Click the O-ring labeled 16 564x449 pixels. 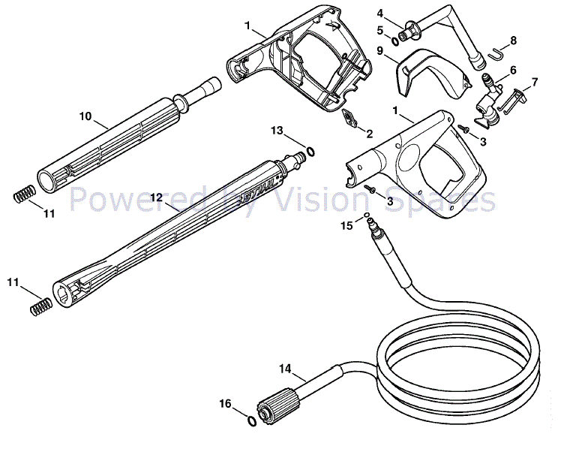pyautogui.click(x=252, y=421)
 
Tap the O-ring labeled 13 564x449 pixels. pyautogui.click(x=310, y=152)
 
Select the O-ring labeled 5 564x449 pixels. pyautogui.click(x=394, y=41)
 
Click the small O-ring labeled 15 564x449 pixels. pyautogui.click(x=367, y=215)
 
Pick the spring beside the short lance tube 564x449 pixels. pyautogui.click(x=24, y=194)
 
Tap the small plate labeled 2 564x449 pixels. pyautogui.click(x=349, y=118)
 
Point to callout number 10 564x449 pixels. pyautogui.click(x=85, y=116)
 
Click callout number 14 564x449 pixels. pyautogui.click(x=285, y=369)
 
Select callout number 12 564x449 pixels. pyautogui.click(x=157, y=197)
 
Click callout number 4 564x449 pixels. pyautogui.click(x=380, y=14)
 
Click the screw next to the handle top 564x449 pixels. pyautogui.click(x=463, y=128)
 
